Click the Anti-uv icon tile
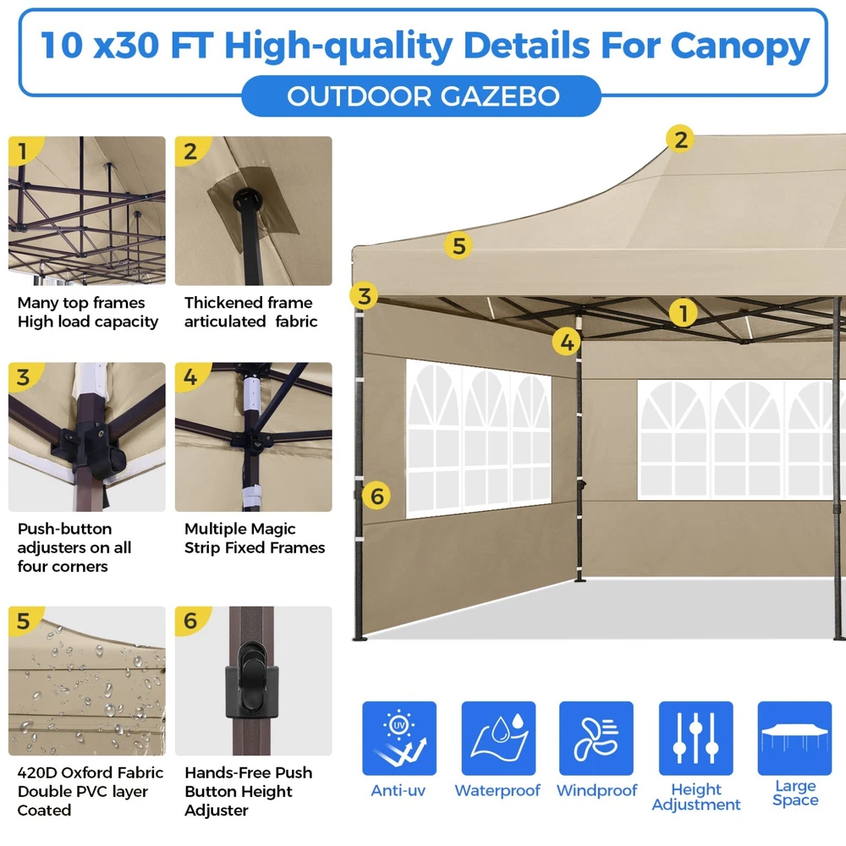point(398,738)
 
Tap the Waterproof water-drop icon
point(498,738)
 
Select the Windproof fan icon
point(596,738)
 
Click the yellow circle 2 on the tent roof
point(680,140)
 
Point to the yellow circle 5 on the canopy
point(458,245)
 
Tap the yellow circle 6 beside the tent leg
point(376,495)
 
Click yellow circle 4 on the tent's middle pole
point(567,342)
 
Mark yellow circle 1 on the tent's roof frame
point(683,313)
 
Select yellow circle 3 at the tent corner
point(364,295)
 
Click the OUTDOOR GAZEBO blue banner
point(421,96)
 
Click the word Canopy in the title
point(740,46)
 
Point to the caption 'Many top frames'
point(81,303)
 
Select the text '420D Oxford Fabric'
point(91,772)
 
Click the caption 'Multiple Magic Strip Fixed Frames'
point(255,538)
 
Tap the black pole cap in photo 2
point(247,199)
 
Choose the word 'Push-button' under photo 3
point(65,529)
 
